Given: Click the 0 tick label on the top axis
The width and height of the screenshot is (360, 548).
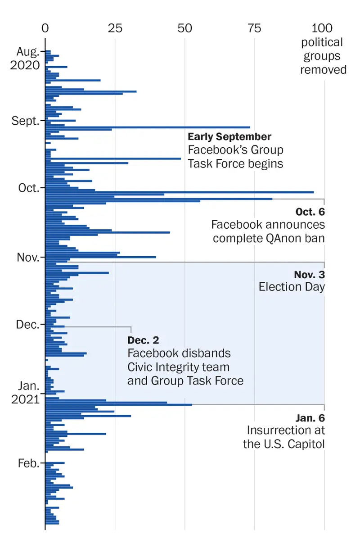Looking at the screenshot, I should point(45,28).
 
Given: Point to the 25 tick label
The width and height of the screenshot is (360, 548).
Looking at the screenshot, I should point(115,28).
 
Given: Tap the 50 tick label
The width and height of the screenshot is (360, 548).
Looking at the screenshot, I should point(184,28).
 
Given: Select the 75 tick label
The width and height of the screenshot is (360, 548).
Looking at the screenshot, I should point(255,28).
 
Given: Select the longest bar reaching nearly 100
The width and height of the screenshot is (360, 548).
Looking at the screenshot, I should point(180,192).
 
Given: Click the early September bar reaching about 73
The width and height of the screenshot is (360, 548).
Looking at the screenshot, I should point(148,127).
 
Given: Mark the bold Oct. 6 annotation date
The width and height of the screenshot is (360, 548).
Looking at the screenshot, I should point(310,211).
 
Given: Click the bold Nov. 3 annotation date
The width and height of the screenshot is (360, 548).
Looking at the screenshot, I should point(310,274).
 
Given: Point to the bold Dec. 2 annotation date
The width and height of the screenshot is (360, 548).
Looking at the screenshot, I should point(143,340).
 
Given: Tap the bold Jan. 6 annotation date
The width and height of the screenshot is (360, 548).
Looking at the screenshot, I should point(310,417).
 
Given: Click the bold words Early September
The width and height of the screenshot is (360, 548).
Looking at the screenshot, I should point(229,136).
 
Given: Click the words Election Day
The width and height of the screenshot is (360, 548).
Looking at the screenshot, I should point(292,287).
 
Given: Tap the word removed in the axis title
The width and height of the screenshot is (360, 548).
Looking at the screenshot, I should point(323,70).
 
